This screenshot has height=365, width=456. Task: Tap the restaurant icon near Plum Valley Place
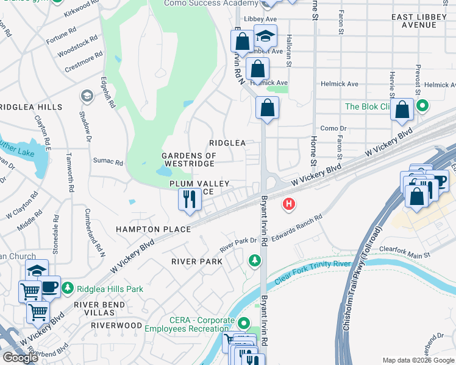point(190,199)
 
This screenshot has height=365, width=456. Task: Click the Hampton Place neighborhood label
point(153,229)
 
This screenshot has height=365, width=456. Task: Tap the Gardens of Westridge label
point(188,160)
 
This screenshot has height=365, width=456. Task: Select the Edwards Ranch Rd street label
point(296,226)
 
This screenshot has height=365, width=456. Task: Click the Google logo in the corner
point(20,358)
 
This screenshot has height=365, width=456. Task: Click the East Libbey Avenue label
point(427,21)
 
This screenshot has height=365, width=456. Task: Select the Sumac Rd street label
point(108,162)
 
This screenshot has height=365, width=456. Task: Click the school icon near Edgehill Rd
point(87,96)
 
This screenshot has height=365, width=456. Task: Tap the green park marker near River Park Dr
point(254,260)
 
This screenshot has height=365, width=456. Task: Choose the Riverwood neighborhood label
point(116,325)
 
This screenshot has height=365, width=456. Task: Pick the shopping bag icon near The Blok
point(402,111)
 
